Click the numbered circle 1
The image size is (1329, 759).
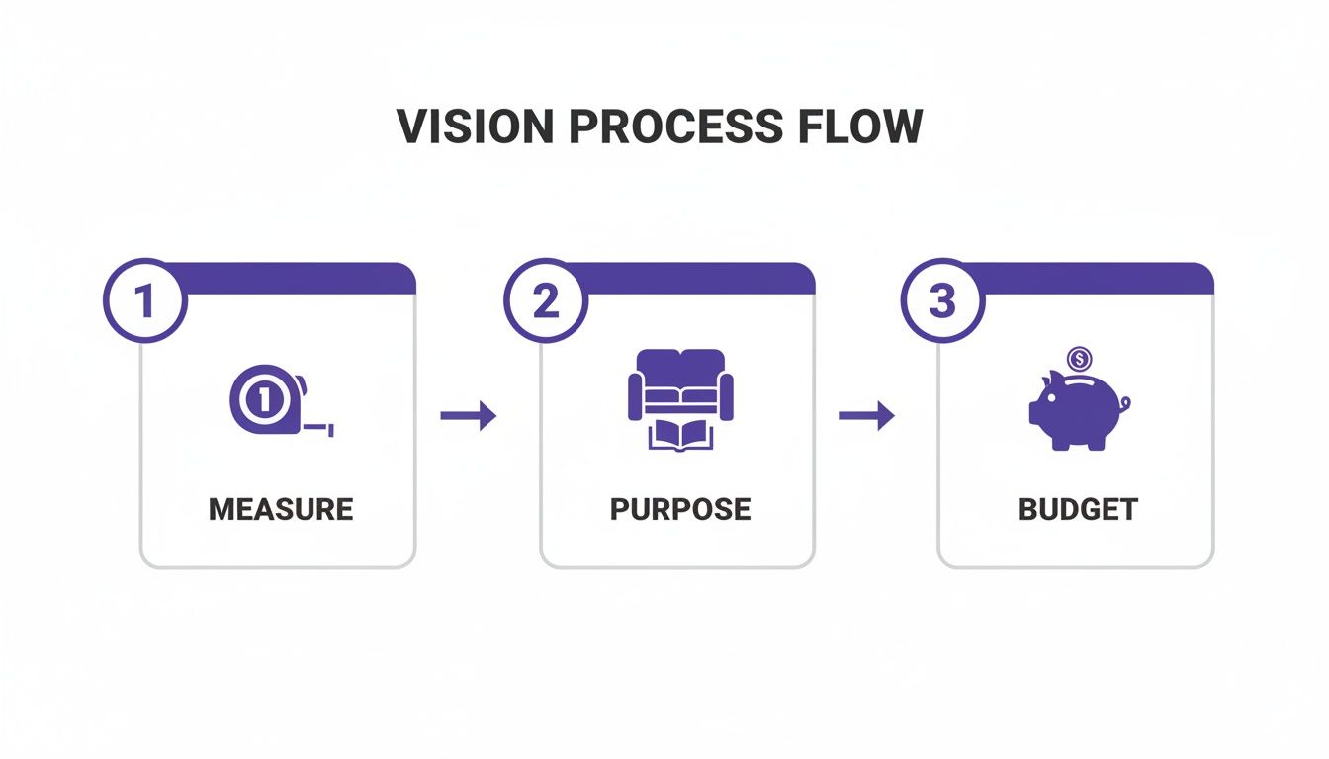pyautogui.click(x=144, y=301)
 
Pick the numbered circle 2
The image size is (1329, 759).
pyautogui.click(x=545, y=301)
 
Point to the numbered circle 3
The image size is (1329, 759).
pyautogui.click(x=942, y=301)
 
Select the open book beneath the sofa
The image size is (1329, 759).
pyautogui.click(x=680, y=434)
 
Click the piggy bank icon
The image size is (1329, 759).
pyautogui.click(x=1074, y=411)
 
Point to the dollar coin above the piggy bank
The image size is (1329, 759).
pyautogui.click(x=1079, y=358)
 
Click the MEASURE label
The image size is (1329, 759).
pyautogui.click(x=281, y=509)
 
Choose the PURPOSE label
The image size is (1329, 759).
pyautogui.click(x=680, y=509)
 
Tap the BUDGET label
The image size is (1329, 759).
pyautogui.click(x=1078, y=509)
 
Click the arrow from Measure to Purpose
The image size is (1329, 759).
pyautogui.click(x=468, y=416)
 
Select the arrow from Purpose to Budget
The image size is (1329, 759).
pyautogui.click(x=866, y=416)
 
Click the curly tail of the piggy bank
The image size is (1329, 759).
pyautogui.click(x=1125, y=402)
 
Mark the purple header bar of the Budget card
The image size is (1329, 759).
pyautogui.click(x=1088, y=279)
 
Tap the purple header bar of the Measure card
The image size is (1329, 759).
pyautogui.click(x=297, y=279)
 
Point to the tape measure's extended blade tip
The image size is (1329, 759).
pyautogui.click(x=330, y=430)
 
